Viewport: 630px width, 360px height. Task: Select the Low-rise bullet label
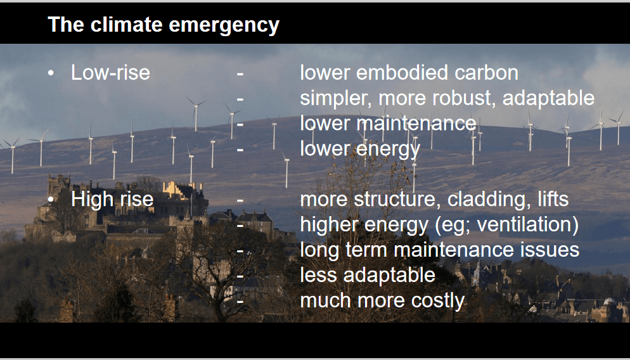point(110,73)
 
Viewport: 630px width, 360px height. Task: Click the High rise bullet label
point(112,199)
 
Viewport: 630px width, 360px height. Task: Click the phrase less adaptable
point(368,275)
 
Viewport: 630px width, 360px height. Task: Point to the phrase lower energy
point(360,150)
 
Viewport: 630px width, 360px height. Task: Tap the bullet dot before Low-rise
point(50,74)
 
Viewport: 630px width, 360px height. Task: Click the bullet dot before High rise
point(50,200)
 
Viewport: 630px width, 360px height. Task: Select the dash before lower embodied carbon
point(240,74)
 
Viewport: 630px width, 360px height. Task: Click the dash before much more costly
point(240,301)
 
